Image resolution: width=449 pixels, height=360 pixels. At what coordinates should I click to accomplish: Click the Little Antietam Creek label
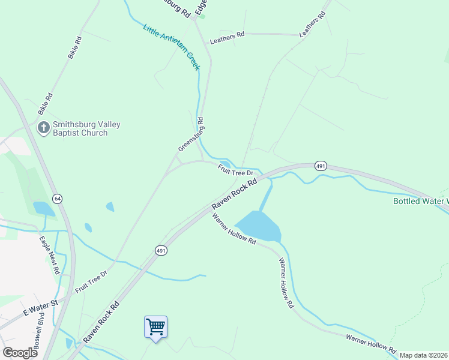[x=171, y=47]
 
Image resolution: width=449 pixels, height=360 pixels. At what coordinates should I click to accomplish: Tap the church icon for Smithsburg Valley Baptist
[x=43, y=128]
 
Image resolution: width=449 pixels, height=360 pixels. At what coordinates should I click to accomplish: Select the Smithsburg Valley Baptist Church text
[x=86, y=128]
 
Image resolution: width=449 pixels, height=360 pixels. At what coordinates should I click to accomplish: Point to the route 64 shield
[x=58, y=198]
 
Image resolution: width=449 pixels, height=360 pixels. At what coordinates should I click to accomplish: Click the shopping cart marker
[x=155, y=327]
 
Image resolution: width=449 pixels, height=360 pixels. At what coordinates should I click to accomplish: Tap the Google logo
[x=20, y=352]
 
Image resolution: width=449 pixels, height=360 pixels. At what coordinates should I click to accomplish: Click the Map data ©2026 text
[x=423, y=355]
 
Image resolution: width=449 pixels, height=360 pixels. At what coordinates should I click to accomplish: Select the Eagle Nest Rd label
[x=50, y=255]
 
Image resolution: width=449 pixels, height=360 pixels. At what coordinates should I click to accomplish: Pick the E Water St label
[x=40, y=308]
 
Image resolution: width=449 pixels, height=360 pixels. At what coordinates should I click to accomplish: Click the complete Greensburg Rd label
[x=191, y=134]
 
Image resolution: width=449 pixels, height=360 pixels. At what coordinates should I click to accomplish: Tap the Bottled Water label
[x=420, y=201]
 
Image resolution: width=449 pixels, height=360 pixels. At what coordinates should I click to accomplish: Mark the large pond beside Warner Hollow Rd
[x=259, y=226]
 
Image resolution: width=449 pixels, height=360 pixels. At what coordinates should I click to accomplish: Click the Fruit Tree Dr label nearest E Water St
[x=91, y=282]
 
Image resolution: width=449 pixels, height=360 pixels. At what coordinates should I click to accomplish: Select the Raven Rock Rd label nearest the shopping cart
[x=101, y=322]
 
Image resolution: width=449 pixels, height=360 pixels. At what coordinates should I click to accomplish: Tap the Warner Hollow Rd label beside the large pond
[x=234, y=229]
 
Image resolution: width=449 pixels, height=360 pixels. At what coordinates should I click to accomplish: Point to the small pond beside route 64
[x=43, y=208]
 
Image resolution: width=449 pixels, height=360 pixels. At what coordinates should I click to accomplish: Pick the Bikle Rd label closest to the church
[x=46, y=104]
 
